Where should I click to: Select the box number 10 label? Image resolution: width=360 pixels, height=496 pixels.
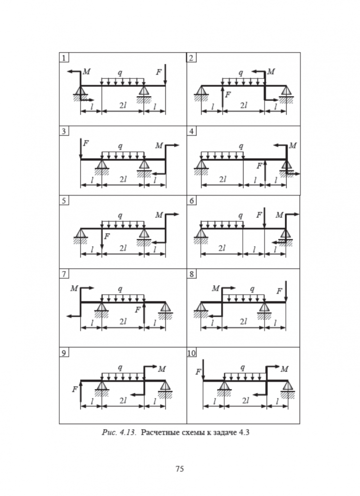192,353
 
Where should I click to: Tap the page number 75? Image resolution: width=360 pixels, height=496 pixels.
180,468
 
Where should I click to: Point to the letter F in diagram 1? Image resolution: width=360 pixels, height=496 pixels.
158,72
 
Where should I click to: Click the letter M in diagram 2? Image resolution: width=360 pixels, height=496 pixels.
271,72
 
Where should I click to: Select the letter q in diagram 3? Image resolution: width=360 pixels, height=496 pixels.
120,146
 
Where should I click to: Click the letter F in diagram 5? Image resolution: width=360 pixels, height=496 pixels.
107,236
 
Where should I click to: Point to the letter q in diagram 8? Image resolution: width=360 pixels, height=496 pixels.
252,288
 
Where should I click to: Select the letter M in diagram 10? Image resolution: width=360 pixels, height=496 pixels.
284,369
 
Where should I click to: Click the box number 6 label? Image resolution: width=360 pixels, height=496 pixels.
191,201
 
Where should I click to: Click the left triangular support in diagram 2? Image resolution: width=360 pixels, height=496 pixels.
201,91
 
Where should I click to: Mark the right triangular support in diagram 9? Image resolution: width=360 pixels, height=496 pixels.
165,386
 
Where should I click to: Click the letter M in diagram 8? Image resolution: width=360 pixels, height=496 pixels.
215,288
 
